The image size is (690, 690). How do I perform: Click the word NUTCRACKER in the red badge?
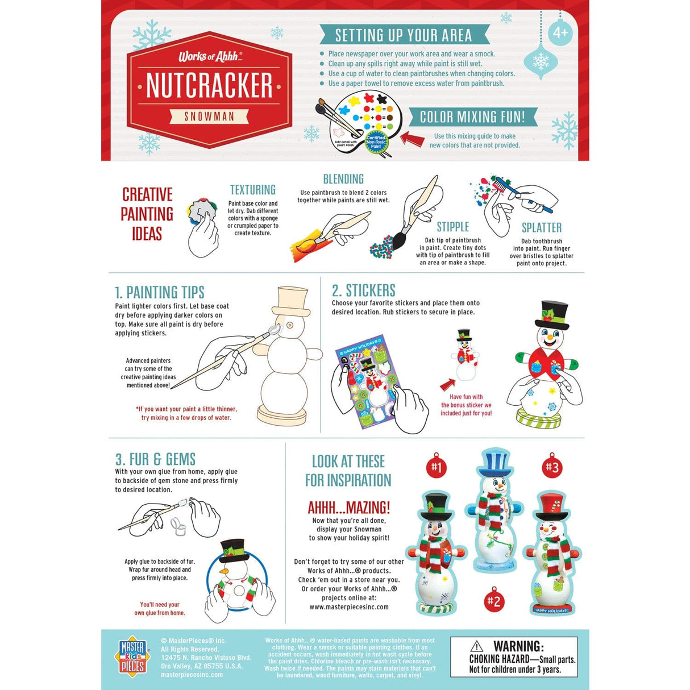[x=209, y=86]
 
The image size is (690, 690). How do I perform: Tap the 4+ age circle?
[x=560, y=32]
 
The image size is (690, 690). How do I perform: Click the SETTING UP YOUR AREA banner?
[x=403, y=35]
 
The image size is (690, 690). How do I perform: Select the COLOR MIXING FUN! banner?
[x=472, y=117]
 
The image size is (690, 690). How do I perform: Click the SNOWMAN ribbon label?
[x=209, y=117]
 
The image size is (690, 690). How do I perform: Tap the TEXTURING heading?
[x=252, y=190]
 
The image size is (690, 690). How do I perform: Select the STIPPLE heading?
[x=452, y=227]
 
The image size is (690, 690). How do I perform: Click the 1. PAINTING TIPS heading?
[x=159, y=292]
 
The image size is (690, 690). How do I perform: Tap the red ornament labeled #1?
[x=437, y=467]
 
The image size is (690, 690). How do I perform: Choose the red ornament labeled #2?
[x=494, y=601]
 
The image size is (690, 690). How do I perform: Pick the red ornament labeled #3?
[x=552, y=467]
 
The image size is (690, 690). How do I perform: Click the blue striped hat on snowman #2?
[x=495, y=462]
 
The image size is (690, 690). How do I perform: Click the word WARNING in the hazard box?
[x=518, y=646]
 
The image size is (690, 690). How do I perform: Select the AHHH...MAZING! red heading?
[x=348, y=508]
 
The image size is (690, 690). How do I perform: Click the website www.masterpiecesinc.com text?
[x=349, y=607]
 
